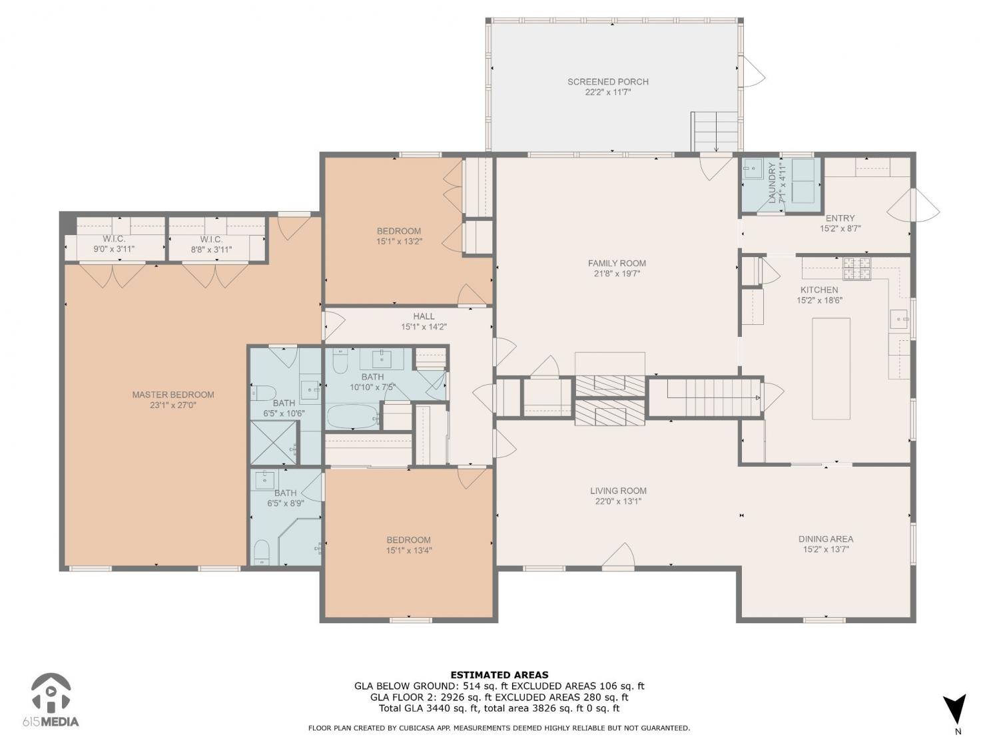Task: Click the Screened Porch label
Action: point(607,82)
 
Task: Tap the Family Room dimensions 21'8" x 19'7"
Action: point(617,274)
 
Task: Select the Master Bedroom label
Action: point(173,395)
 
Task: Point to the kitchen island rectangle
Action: point(831,368)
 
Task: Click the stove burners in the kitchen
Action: point(856,269)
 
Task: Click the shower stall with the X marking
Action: point(272,443)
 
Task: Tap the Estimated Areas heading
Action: point(499,675)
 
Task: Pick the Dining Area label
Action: point(826,539)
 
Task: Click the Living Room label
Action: point(618,491)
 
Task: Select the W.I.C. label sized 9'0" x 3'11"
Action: point(114,239)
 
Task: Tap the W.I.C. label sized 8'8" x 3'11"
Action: point(211,239)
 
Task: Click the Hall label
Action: point(424,316)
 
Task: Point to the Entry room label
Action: point(840,218)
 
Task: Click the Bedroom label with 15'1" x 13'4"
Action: point(408,540)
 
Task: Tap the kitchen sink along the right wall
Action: point(899,320)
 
